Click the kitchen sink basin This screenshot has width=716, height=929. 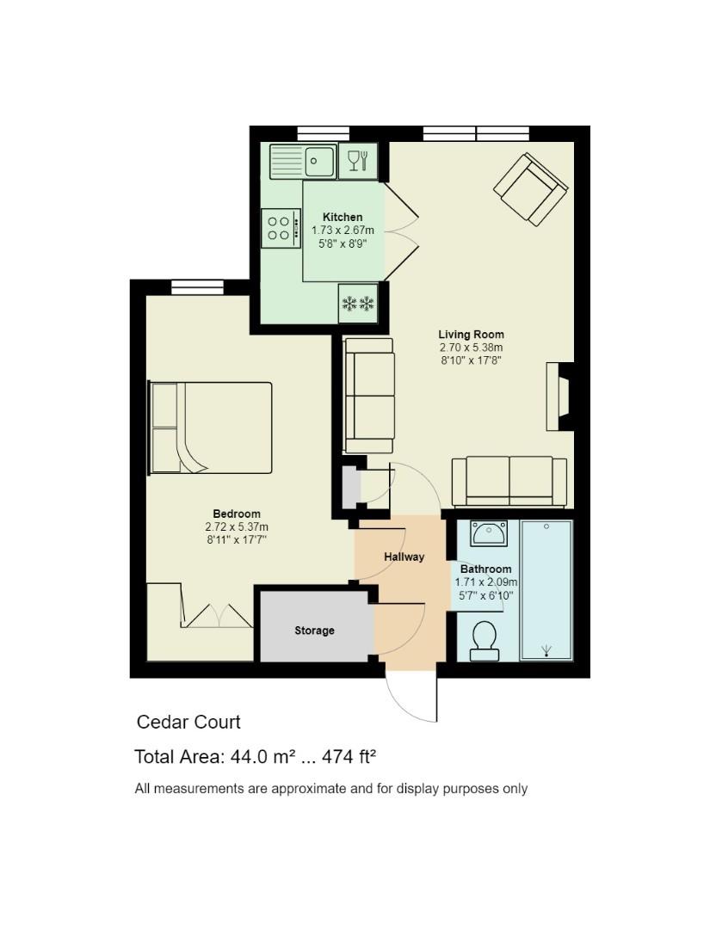click(x=319, y=161)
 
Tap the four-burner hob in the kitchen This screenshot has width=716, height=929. click(x=281, y=228)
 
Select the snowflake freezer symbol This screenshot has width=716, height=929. click(x=358, y=304)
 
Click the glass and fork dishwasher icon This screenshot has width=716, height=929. click(x=358, y=161)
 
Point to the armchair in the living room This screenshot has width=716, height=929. click(x=530, y=189)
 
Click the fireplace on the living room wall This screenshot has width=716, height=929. click(x=559, y=397)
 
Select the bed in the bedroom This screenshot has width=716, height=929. click(x=211, y=428)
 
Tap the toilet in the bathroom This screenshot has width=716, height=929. click(x=485, y=641)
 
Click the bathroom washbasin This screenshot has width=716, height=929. click(x=489, y=533)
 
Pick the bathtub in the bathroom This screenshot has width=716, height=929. click(x=546, y=590)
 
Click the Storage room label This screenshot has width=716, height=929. click(x=314, y=631)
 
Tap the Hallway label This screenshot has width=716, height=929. click(x=404, y=557)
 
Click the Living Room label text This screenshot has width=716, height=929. click(x=472, y=335)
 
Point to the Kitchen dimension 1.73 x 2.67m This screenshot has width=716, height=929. click(x=343, y=230)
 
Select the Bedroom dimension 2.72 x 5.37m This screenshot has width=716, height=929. click(x=237, y=526)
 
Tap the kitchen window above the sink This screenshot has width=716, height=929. click(x=324, y=133)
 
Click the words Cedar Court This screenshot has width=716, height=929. click(x=188, y=723)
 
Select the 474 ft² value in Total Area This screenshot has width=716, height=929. click(x=349, y=757)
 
